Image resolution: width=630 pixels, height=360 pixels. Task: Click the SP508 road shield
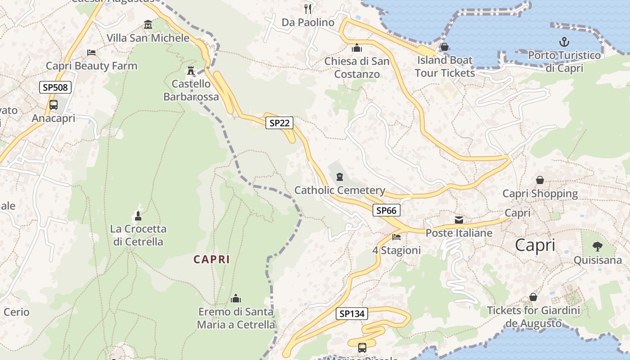pos(55,87)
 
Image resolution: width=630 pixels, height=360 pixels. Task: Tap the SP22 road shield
pos(279,123)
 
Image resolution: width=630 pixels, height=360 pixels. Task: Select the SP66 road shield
pos(386,210)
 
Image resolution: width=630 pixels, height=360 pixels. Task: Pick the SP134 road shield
pos(351,314)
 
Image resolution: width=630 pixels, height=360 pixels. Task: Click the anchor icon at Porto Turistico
pos(564,42)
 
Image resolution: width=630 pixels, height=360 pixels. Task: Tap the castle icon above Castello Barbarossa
pos(191,71)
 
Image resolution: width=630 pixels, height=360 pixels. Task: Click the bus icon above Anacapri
pos(54,105)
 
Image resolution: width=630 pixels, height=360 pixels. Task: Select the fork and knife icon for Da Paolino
pos(308,9)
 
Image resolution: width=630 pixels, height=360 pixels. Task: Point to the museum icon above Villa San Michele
pos(148,24)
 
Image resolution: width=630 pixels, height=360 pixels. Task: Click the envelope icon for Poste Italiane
pos(459,220)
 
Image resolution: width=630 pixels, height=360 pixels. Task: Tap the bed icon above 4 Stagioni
pos(396,237)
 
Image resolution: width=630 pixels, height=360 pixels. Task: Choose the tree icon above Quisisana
pos(597,246)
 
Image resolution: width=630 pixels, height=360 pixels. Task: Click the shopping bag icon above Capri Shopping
pos(540,180)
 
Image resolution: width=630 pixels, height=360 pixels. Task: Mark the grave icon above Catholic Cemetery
pos(339,177)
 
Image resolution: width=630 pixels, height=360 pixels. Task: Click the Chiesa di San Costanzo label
pos(357,67)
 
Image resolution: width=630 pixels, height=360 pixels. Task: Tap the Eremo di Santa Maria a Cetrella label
pos(236,318)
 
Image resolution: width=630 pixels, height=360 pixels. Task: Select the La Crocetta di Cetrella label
pos(138,235)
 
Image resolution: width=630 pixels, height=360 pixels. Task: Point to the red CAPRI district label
pos(211,259)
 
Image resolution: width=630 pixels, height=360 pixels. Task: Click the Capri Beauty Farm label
pos(91,66)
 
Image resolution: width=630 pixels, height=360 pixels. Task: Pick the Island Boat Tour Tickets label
pos(445,66)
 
